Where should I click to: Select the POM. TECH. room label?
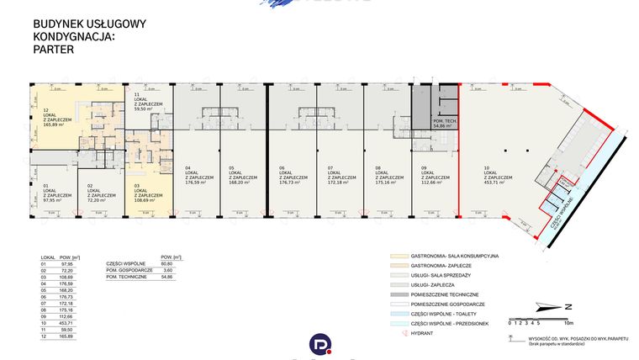click(445, 121)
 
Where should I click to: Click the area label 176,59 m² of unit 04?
click(198, 183)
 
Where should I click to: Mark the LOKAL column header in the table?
click(48, 257)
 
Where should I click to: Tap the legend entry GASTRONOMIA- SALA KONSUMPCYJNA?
click(455, 254)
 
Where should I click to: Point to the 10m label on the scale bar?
click(569, 322)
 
